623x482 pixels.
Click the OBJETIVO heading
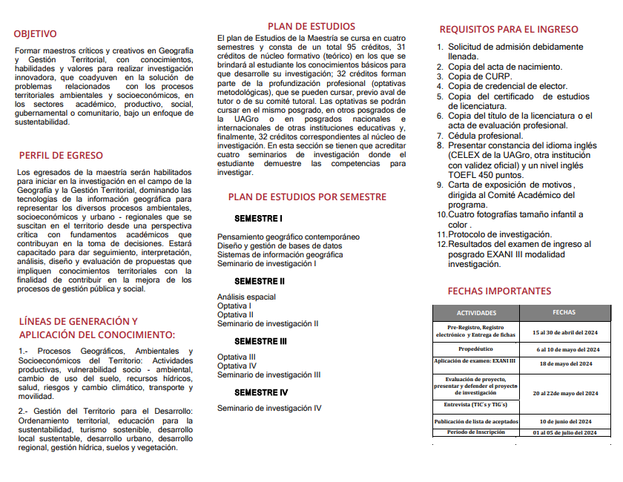pyautogui.click(x=35, y=33)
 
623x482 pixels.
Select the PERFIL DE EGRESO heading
pyautogui.click(x=61, y=156)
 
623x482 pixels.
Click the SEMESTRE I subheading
pyautogui.click(x=258, y=219)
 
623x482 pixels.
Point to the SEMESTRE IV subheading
pyautogui.click(x=261, y=392)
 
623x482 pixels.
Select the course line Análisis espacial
pyautogui.click(x=246, y=297)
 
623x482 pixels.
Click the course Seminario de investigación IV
pyautogui.click(x=269, y=408)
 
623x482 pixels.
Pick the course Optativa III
pyautogui.click(x=237, y=357)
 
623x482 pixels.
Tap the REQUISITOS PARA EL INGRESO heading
pyautogui.click(x=509, y=30)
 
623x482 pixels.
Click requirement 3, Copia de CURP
pyautogui.click(x=479, y=76)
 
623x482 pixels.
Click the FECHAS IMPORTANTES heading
pyautogui.click(x=499, y=291)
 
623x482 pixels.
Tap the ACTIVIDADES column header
pyautogui.click(x=476, y=313)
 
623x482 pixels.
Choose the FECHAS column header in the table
pyautogui.click(x=564, y=312)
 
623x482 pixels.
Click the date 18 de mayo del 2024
pyautogui.click(x=565, y=363)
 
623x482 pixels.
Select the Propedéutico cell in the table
pyautogui.click(x=476, y=349)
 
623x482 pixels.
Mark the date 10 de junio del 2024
pyautogui.click(x=565, y=421)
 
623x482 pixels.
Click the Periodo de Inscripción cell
pyautogui.click(x=476, y=432)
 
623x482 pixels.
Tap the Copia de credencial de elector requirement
pyautogui.click(x=507, y=86)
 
